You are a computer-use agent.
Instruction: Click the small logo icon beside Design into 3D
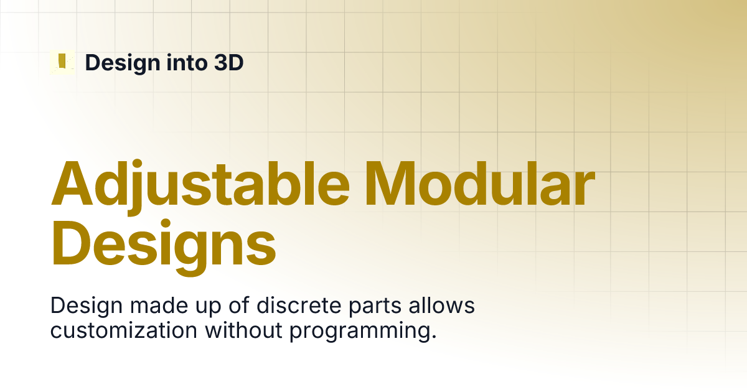coord(62,62)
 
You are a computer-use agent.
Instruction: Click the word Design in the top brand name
coord(123,63)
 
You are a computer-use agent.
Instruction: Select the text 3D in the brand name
coord(229,62)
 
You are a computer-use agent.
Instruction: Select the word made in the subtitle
coord(159,306)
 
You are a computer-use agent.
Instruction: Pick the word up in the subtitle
coord(209,308)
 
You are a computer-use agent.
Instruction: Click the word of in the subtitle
coord(239,305)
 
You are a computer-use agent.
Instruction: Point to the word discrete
coord(299,306)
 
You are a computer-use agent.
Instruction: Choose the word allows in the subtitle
coord(441,305)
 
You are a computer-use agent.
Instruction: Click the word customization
coord(124,330)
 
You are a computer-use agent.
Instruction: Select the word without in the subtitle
coord(244,330)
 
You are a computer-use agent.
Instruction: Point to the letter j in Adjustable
coord(136,188)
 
